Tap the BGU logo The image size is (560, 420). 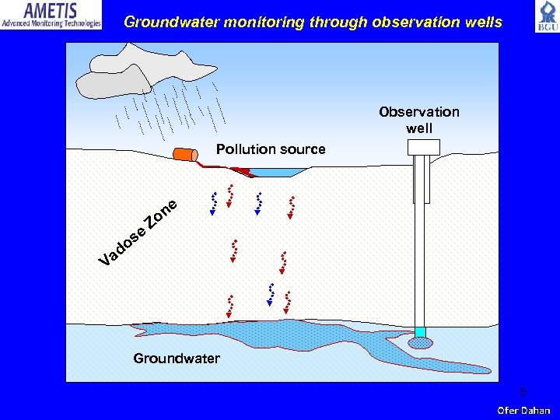(546, 16)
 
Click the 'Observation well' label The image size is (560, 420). (419, 120)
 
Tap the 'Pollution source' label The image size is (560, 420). (271, 149)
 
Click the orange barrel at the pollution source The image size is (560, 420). (185, 155)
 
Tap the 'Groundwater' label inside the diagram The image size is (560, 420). (177, 359)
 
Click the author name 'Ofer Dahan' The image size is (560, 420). (523, 410)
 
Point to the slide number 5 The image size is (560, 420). (523, 392)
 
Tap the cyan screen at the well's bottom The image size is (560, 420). (421, 332)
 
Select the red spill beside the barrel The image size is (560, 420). (241, 171)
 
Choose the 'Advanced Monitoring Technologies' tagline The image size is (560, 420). (51, 24)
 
